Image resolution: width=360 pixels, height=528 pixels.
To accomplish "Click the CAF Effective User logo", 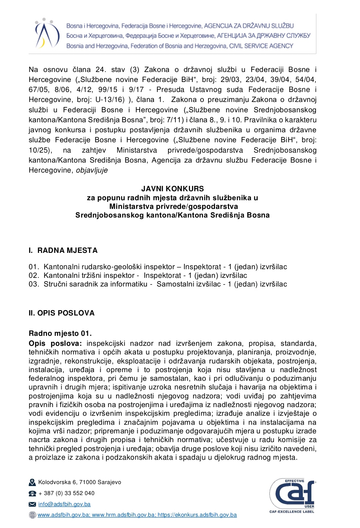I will coord(292,495).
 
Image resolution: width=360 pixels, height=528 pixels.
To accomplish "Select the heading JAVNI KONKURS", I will coord(172,189).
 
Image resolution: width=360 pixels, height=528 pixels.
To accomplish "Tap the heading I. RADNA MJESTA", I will coord(63,251).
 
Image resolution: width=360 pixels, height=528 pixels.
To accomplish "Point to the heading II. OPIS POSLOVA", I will coord(62,313).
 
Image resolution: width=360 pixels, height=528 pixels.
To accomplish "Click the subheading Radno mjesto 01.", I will coord(60,333).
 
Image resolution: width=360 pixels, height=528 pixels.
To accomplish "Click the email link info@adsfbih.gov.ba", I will coord(64,504).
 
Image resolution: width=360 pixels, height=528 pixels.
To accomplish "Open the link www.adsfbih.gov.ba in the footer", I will coord(63,515).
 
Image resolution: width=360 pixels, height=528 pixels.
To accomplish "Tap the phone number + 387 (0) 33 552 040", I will coord(66,493).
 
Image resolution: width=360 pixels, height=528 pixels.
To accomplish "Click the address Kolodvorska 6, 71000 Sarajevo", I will coord(80,482).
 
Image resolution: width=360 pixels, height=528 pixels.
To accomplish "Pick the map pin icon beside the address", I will coord(32,482).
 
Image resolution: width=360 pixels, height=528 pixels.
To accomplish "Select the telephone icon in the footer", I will coord(32,493).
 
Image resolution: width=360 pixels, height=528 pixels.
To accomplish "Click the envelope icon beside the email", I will coord(32,504).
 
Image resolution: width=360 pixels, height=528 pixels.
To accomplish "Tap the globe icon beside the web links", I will coord(32,515).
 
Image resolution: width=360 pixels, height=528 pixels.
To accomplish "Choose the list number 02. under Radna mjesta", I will coord(34,275).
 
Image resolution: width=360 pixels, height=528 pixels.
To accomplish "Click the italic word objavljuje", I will coord(92,170).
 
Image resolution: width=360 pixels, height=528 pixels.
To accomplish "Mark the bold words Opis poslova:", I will coord(55,343).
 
